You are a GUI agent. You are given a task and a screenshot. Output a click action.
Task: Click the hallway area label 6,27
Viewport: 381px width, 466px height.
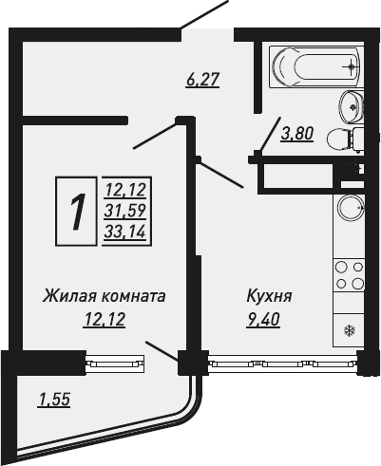pos(202,80)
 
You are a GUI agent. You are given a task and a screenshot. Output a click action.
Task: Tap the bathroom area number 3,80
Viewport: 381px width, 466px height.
pos(297,133)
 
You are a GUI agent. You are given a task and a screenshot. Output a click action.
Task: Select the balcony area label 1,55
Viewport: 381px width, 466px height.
pos(53,399)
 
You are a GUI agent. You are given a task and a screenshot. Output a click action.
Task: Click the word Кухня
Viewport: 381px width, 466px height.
pos(269,297)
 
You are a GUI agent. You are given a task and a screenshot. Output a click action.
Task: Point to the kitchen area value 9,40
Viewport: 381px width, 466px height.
pos(263,320)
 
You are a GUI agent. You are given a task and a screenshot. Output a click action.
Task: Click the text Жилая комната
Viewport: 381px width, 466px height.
pos(105,296)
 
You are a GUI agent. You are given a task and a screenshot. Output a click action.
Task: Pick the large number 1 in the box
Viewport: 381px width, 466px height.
pos(76,211)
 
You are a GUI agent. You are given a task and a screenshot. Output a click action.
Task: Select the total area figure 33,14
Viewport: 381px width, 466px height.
pos(125,233)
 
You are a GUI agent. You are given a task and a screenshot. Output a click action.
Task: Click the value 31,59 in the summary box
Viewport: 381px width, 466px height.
pos(125,211)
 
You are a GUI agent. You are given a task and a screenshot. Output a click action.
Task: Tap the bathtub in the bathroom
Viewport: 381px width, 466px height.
pos(314,67)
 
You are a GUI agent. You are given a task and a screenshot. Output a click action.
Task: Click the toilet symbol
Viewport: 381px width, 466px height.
pos(345,140)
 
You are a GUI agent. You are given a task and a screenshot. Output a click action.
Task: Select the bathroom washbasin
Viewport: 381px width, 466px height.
pos(352,106)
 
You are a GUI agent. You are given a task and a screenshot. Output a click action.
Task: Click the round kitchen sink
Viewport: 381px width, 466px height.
pos(351,208)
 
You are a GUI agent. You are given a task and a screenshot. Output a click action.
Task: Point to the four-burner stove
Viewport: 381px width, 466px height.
pos(349,275)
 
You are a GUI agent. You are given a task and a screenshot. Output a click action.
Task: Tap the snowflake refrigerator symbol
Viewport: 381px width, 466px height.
pos(350,331)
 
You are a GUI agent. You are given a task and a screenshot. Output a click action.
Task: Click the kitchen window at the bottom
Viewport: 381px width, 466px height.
pos(282,363)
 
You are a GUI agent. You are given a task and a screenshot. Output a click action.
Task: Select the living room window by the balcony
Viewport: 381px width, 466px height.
pos(115,363)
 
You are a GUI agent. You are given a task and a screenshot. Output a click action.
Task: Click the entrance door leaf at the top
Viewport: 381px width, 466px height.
pos(204,14)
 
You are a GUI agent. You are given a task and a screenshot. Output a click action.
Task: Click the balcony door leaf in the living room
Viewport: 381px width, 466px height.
pos(162,351)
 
